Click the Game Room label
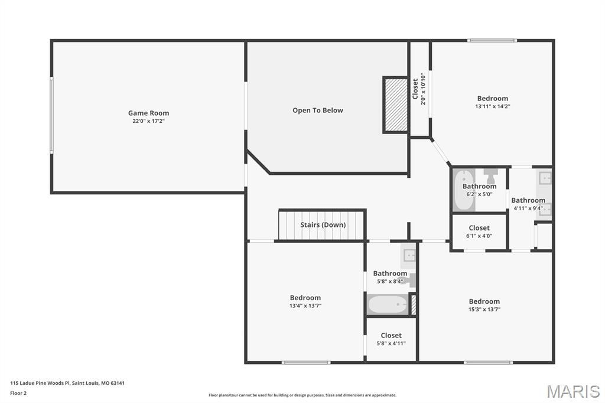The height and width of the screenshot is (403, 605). tap(148, 113)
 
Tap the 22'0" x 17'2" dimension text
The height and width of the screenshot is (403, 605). tap(148, 121)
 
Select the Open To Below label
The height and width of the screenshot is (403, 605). tap(317, 110)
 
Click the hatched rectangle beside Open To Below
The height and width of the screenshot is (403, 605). tap(396, 105)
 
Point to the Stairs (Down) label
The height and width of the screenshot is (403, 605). tap(323, 225)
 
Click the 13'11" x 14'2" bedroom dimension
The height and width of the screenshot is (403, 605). tap(492, 107)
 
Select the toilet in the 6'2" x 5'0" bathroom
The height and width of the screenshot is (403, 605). tap(490, 175)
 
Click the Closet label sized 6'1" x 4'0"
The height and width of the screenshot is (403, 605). tap(479, 227)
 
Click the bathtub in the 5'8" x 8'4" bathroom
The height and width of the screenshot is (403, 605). tap(388, 305)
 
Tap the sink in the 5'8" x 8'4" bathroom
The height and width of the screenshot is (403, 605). tap(409, 255)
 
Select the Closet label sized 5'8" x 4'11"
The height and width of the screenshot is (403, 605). tap(391, 335)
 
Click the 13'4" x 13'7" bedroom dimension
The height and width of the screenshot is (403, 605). tap(305, 306)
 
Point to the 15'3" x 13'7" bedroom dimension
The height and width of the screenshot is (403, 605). tap(484, 310)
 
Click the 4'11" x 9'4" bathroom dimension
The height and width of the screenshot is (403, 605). tap(528, 208)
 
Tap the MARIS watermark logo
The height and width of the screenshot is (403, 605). tap(573, 391)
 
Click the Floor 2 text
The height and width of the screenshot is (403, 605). tap(18, 392)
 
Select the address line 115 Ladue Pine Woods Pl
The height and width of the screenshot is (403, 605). tap(67, 383)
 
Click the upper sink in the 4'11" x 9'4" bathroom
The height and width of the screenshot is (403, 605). tap(545, 177)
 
